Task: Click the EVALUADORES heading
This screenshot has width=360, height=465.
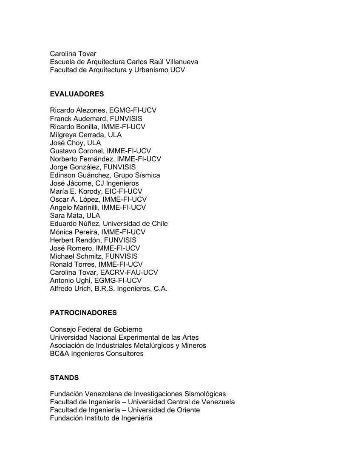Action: coord(77,94)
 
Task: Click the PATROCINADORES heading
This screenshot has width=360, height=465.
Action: coord(83,313)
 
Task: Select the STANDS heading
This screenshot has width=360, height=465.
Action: coord(64,378)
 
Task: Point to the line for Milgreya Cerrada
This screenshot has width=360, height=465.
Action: coord(85,135)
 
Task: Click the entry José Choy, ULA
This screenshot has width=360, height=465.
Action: coord(75,143)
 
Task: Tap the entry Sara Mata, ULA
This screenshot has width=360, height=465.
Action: coord(75,215)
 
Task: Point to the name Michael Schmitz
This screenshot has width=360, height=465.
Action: coord(76,256)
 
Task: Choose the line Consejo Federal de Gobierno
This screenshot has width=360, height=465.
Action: coord(96,329)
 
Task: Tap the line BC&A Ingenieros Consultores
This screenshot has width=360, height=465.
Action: coord(96,353)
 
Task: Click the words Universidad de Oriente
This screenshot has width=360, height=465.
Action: coord(164,410)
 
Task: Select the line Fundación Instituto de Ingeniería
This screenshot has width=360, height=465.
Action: coord(101,418)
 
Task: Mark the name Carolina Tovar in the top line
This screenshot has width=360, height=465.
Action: coord(73,54)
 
